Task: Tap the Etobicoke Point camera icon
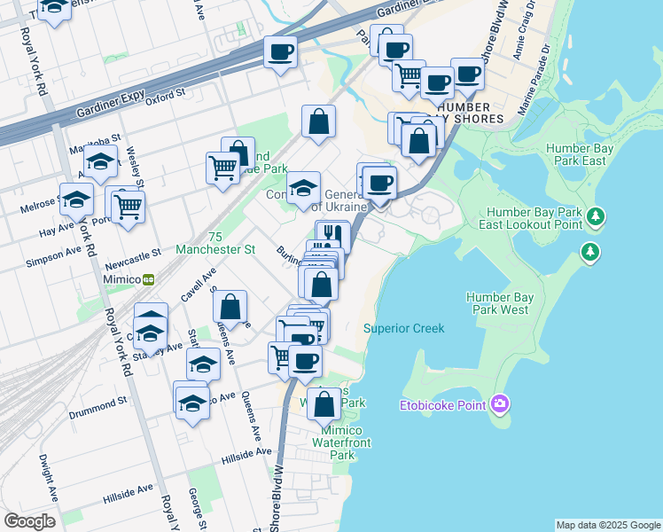coord(501,405)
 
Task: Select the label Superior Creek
coord(403,329)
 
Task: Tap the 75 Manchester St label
coord(218,244)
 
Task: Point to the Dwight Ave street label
coord(45,475)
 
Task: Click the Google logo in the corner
coord(29,521)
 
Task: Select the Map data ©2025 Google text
coord(607,525)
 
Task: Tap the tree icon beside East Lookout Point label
coord(597,216)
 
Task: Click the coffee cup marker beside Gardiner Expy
coord(280,52)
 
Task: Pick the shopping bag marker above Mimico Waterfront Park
coord(325,403)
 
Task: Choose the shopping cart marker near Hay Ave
coord(129,206)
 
